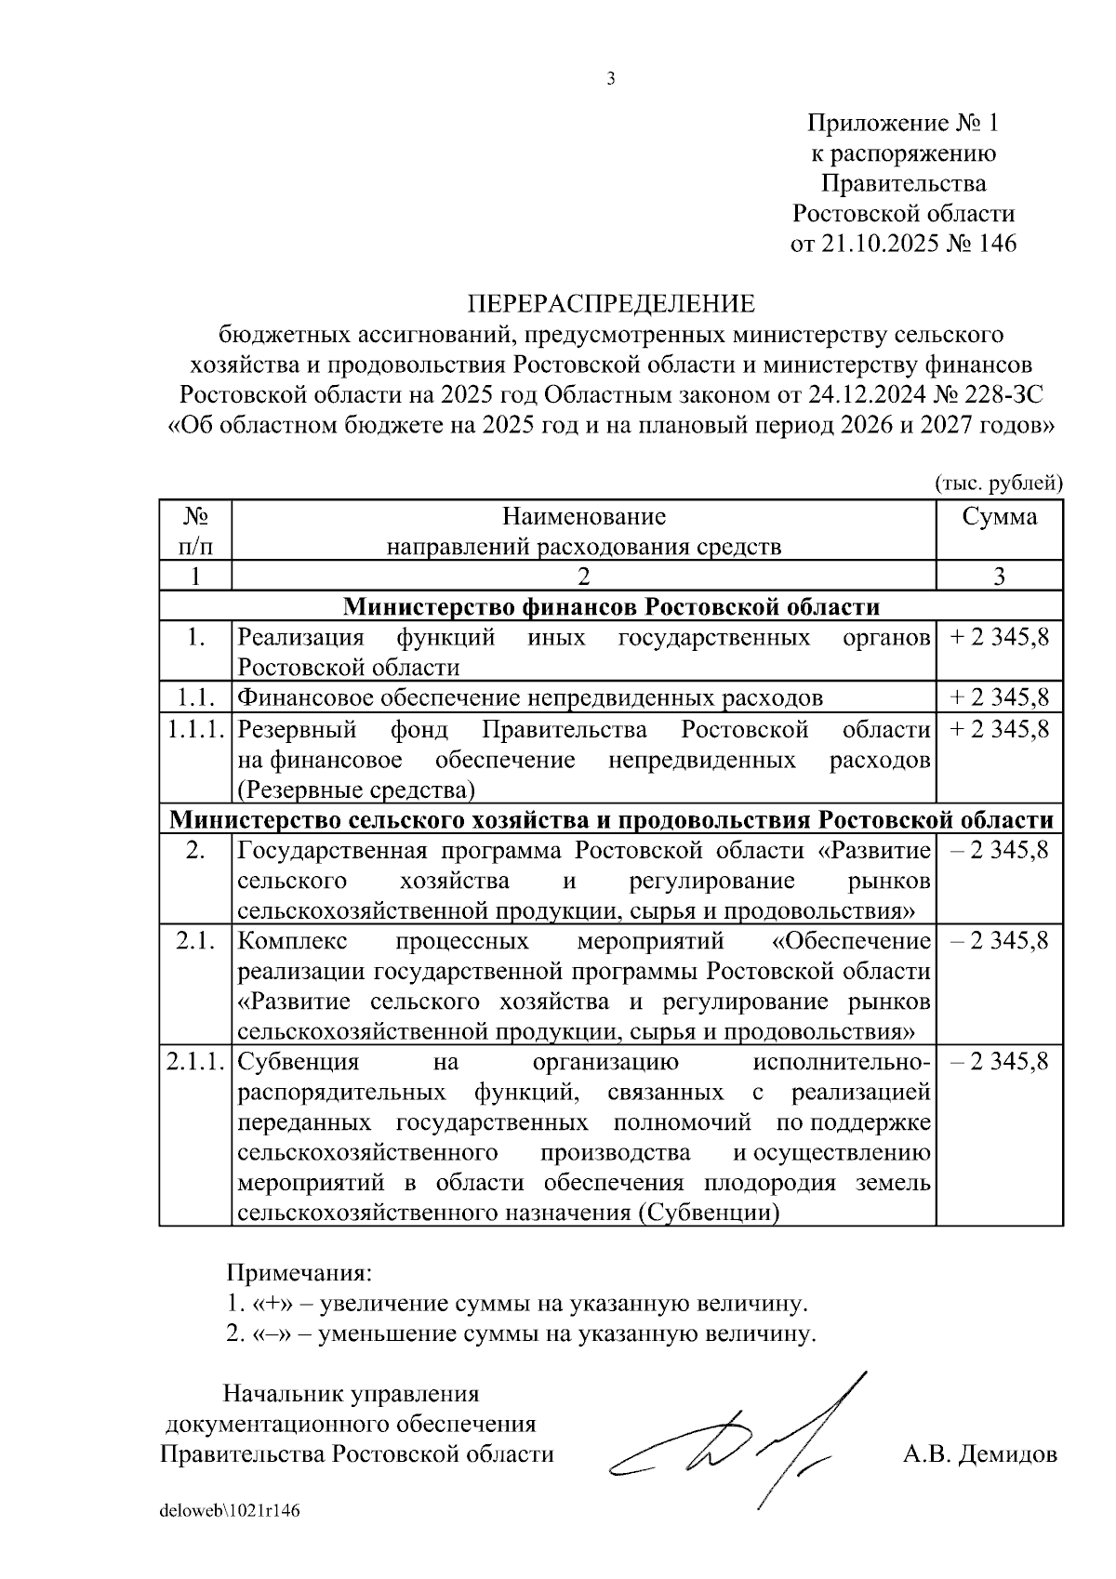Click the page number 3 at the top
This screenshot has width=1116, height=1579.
point(611,79)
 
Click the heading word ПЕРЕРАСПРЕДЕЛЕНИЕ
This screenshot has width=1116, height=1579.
point(611,303)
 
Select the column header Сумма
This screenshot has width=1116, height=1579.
point(999,516)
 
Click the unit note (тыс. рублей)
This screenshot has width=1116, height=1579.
point(998,482)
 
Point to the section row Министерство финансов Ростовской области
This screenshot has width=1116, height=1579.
point(611,607)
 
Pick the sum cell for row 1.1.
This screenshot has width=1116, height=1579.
point(999,697)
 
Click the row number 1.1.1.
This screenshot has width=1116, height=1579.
point(195,729)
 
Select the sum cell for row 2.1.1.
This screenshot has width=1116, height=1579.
point(999,1061)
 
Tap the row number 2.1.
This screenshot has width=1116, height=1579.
point(195,940)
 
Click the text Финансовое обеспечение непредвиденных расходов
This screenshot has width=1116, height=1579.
point(530,697)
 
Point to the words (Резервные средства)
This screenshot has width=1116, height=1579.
point(356,790)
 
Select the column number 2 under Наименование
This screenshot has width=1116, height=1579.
point(583,577)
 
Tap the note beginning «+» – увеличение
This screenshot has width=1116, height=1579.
point(516,1303)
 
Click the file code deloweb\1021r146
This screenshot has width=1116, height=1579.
point(230,1510)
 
